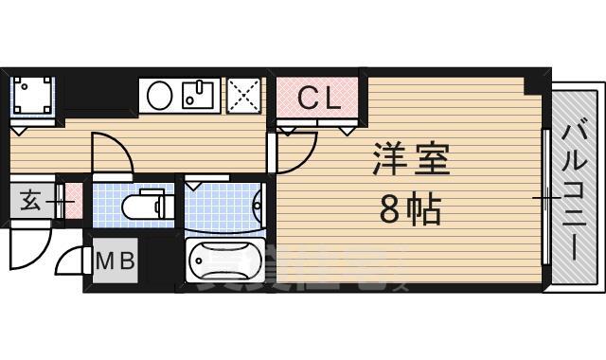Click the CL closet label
point(319,99)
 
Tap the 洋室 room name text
point(411,158)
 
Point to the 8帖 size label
point(410,209)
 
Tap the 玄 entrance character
point(30,201)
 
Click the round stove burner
point(160,95)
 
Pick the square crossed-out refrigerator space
point(245,95)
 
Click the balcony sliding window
point(545,198)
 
